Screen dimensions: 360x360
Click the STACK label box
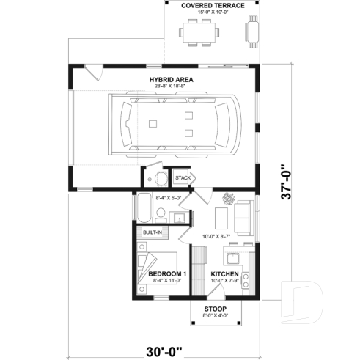(183, 177)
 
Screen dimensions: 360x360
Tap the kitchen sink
(233, 257)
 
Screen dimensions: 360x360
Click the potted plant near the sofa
(229, 199)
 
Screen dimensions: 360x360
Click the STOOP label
(216, 309)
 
